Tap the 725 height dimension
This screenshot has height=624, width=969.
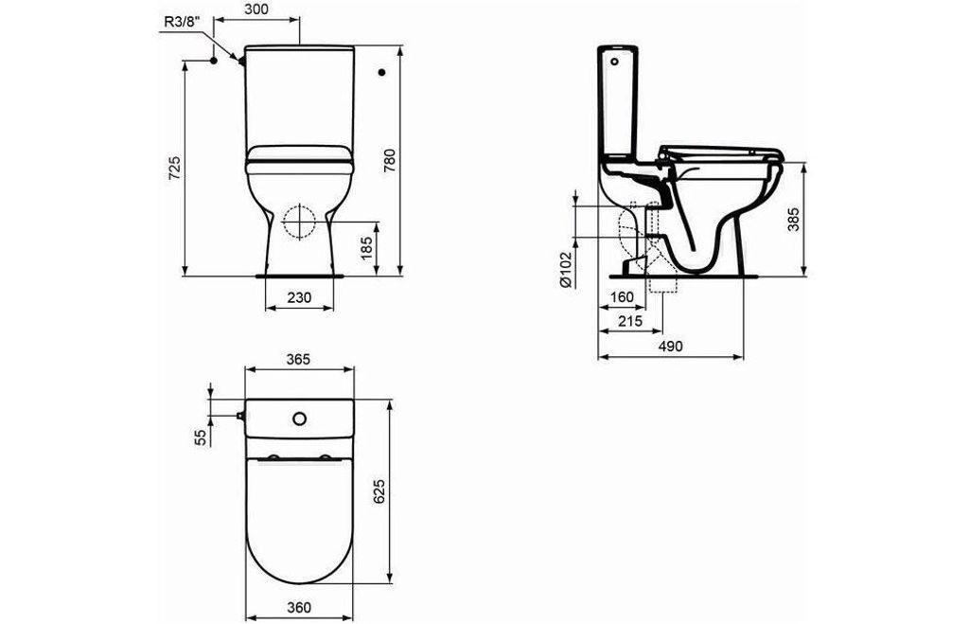point(174,169)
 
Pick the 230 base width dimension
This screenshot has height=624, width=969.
point(299,297)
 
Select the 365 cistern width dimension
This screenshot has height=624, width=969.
point(298,359)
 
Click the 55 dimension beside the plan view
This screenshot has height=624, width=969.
point(200,437)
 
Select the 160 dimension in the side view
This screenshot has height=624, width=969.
point(621,297)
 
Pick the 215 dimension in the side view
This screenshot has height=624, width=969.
point(629,321)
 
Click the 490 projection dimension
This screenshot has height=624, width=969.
point(670,347)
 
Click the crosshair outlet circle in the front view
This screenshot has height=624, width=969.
point(299,221)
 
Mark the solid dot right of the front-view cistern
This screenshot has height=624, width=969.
point(382,71)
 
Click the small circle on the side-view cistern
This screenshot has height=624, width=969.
point(618,62)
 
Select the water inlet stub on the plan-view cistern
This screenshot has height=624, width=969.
point(240,415)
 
